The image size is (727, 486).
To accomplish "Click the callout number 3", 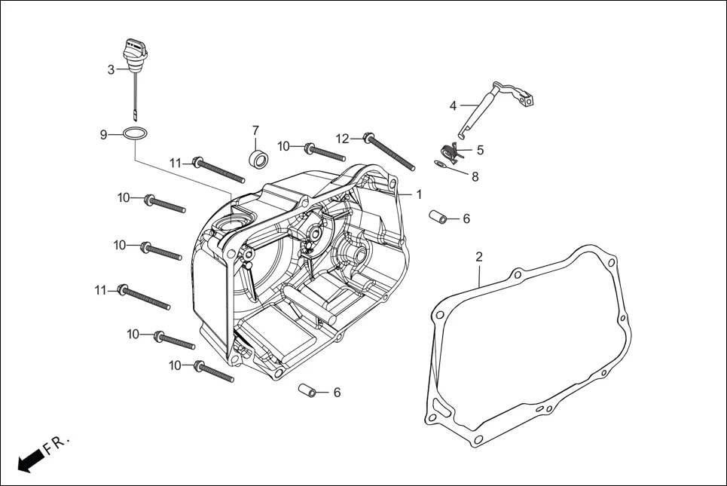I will click(x=111, y=69).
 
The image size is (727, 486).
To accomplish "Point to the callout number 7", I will click(x=255, y=130).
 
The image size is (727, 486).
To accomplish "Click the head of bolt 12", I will click(x=368, y=137).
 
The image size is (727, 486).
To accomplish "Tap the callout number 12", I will click(x=343, y=138).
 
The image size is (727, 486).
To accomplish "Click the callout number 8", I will click(x=475, y=177).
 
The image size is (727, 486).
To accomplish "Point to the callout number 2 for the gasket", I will click(x=478, y=256).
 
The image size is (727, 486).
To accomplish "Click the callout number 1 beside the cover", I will click(x=418, y=194).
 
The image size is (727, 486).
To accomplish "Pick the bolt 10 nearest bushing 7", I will click(x=310, y=148).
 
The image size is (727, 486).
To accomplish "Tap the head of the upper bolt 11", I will click(x=198, y=161).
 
